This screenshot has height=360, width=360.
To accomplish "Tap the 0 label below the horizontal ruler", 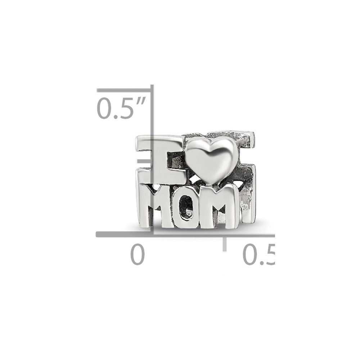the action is point(138,255).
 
